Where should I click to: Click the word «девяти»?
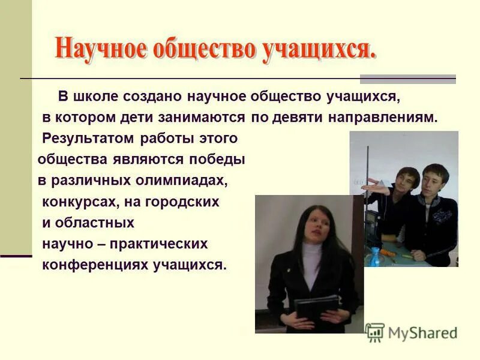295,118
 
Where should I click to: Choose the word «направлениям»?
383,118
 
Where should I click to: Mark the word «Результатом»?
89,139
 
